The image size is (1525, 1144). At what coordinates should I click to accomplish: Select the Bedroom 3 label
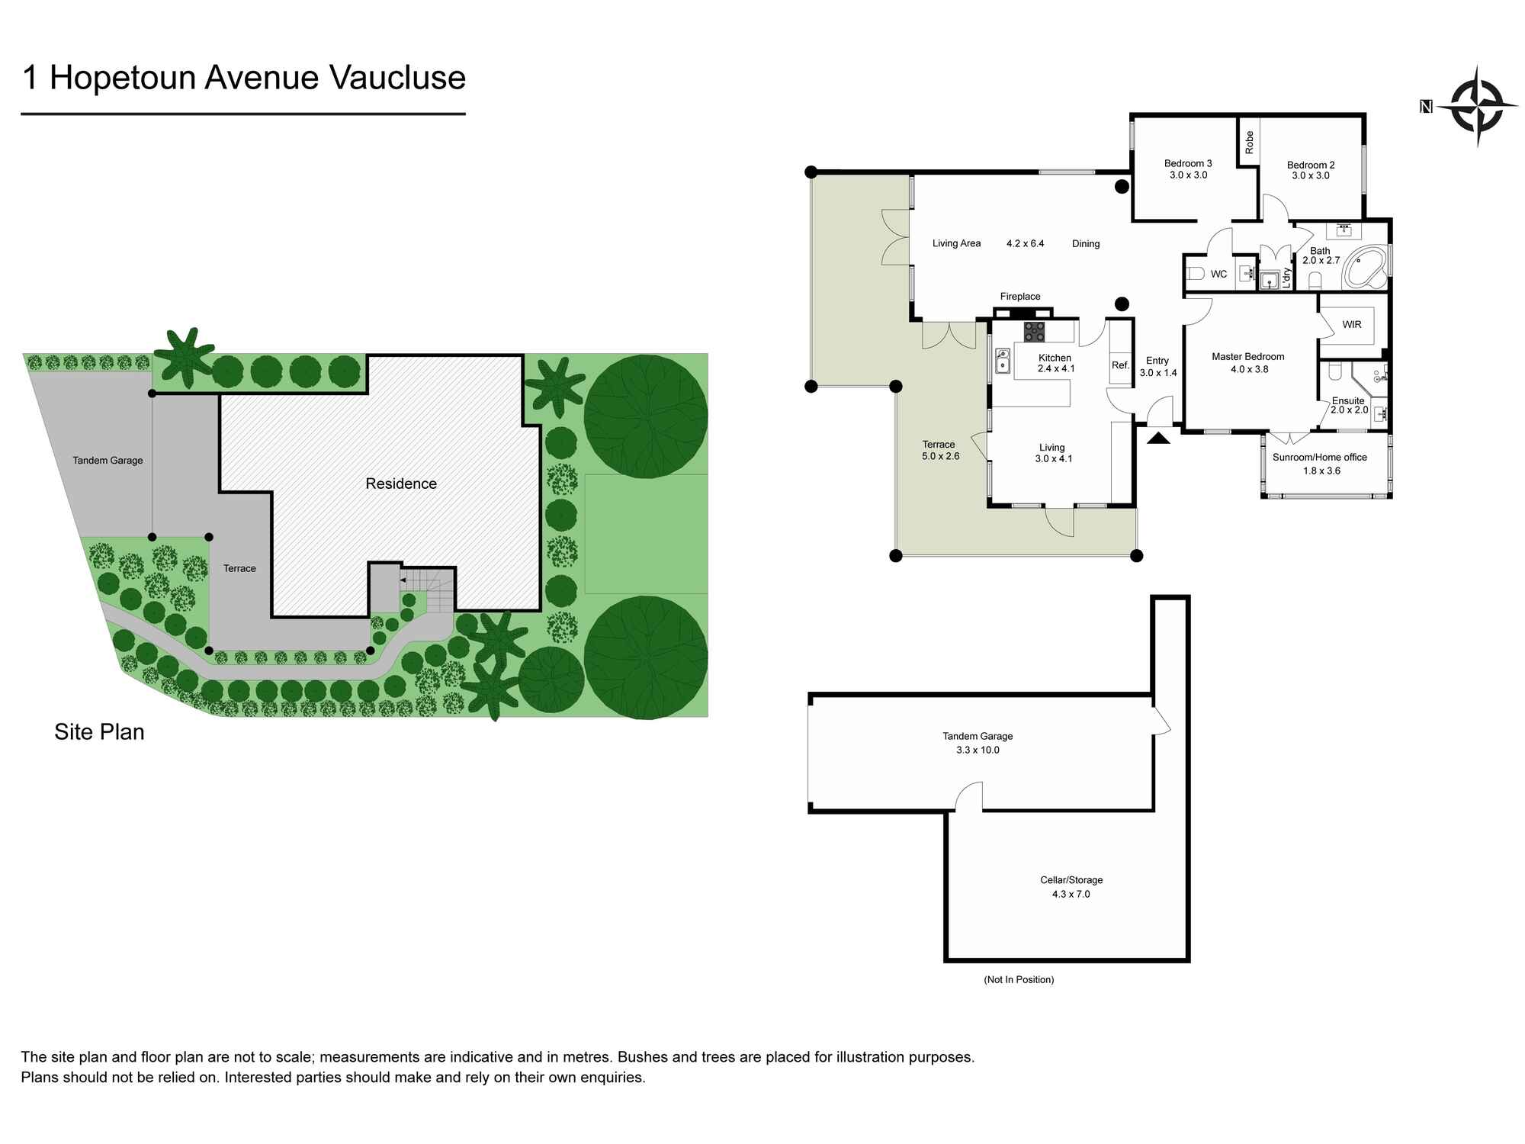1187,163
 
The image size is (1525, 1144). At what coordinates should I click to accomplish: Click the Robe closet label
1249,143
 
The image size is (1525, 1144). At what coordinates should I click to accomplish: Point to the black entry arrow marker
1158,438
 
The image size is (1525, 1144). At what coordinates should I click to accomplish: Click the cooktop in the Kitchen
1034,332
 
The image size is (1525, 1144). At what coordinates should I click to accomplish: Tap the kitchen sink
1003,361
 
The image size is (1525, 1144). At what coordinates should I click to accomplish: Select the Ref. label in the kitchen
1119,365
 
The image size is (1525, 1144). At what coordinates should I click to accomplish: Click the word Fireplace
1019,297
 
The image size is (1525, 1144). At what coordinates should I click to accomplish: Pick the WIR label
1351,325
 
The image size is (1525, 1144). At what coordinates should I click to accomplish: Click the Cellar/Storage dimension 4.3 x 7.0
1071,894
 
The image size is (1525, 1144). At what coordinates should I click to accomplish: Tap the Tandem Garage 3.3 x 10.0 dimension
978,750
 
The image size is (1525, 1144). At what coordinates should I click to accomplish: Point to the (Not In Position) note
1019,979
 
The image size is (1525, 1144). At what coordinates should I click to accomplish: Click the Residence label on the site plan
401,484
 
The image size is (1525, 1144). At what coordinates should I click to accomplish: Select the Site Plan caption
99,732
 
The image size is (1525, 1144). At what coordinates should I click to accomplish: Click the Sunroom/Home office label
1319,458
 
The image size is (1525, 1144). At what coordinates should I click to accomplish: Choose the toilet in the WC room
1195,274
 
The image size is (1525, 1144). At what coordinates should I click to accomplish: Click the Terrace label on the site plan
239,568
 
